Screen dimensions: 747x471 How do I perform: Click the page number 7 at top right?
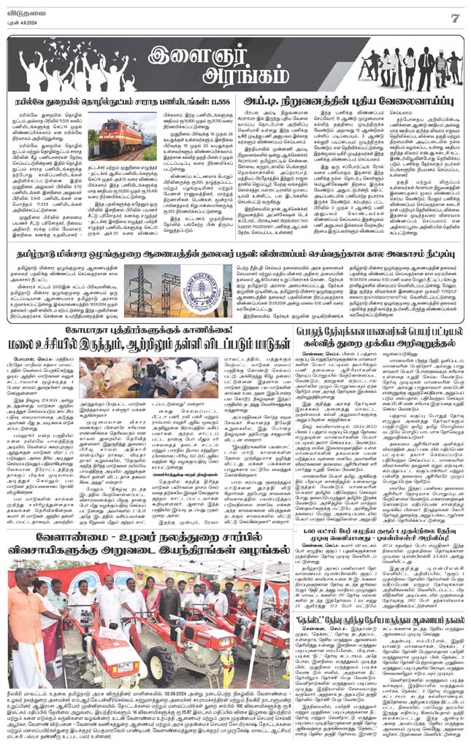pyautogui.click(x=454, y=17)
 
